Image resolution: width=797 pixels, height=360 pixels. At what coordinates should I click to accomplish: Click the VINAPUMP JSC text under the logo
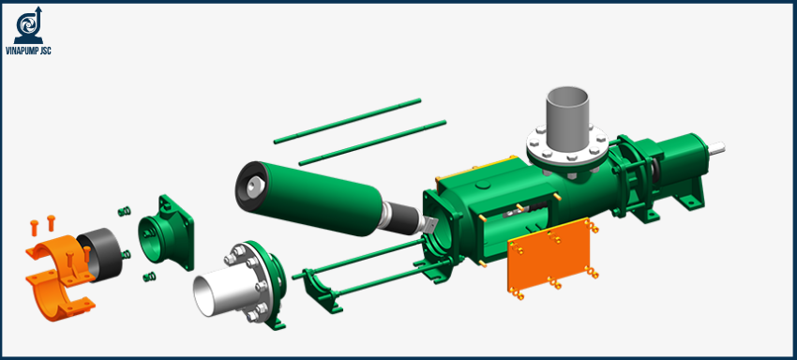[x=28, y=51]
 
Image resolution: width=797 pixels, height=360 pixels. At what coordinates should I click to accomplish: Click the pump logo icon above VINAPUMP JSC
[x=28, y=25]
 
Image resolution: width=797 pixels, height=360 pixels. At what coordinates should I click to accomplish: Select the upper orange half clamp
[x=57, y=250]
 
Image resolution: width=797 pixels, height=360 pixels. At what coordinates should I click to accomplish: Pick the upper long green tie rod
[x=347, y=121]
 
